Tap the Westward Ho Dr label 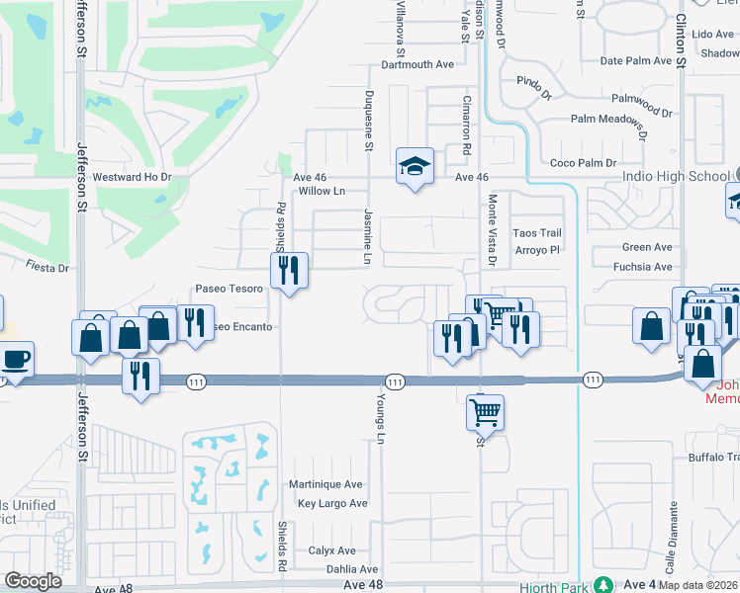[133, 178]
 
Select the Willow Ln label [322, 191]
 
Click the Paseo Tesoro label [229, 290]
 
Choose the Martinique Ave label [325, 485]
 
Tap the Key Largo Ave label [332, 504]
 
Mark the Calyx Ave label [332, 551]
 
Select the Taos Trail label [537, 233]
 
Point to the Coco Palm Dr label [583, 163]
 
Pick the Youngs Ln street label [380, 415]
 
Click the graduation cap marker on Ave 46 [416, 166]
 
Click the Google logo [34, 581]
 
